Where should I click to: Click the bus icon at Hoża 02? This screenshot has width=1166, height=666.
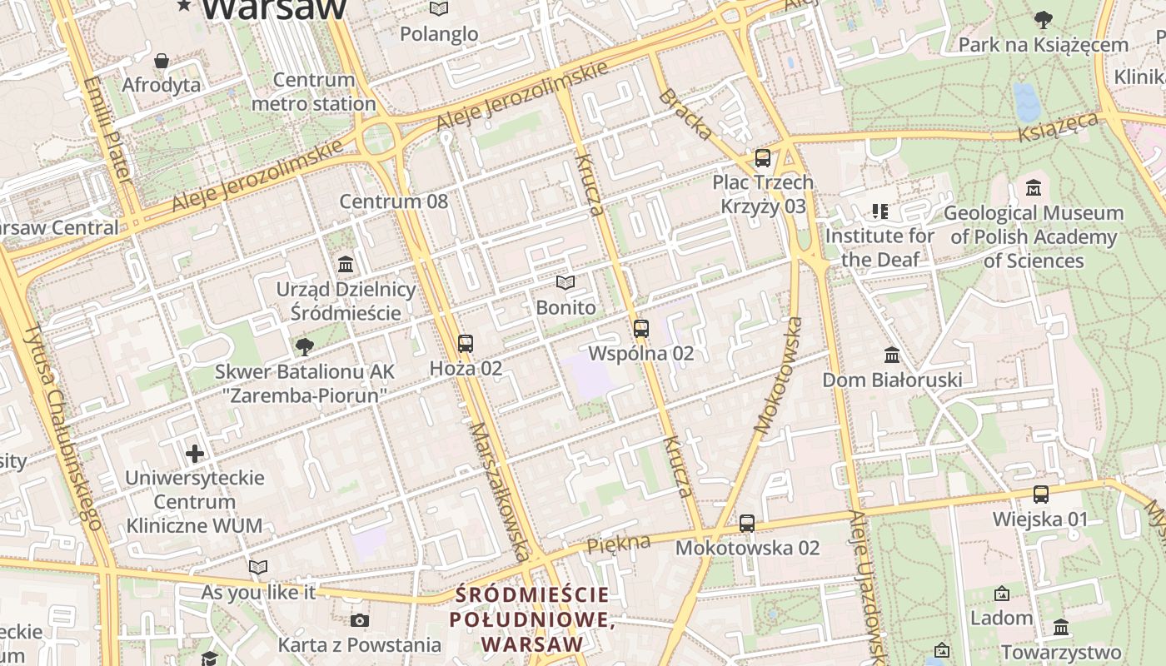(x=466, y=343)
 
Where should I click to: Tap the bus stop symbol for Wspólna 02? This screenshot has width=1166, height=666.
(x=640, y=328)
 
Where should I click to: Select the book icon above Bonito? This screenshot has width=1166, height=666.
(x=566, y=283)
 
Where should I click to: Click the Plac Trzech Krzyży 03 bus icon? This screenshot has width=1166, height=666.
(x=762, y=157)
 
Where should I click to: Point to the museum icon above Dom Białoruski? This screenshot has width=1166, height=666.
(x=892, y=355)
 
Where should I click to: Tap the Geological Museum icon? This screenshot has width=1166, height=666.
(x=1034, y=188)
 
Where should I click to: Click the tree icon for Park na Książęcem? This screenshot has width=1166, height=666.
(x=1043, y=19)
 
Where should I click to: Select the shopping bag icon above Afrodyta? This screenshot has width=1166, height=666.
(x=162, y=61)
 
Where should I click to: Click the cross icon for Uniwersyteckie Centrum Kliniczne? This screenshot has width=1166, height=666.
(x=195, y=454)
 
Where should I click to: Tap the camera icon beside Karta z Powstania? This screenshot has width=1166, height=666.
(x=360, y=620)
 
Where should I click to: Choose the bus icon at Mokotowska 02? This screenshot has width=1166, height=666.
(x=747, y=524)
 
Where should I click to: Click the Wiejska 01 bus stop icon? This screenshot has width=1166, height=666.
(x=1040, y=495)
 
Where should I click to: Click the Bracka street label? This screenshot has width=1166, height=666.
(x=685, y=114)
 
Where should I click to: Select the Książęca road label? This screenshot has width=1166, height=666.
(x=1059, y=127)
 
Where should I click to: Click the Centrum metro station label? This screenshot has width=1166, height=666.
(x=313, y=92)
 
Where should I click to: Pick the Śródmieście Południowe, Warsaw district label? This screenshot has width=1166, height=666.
(x=532, y=619)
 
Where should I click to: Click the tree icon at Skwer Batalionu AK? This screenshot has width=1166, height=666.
(x=305, y=346)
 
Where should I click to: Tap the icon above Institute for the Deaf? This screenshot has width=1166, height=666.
(x=879, y=211)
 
